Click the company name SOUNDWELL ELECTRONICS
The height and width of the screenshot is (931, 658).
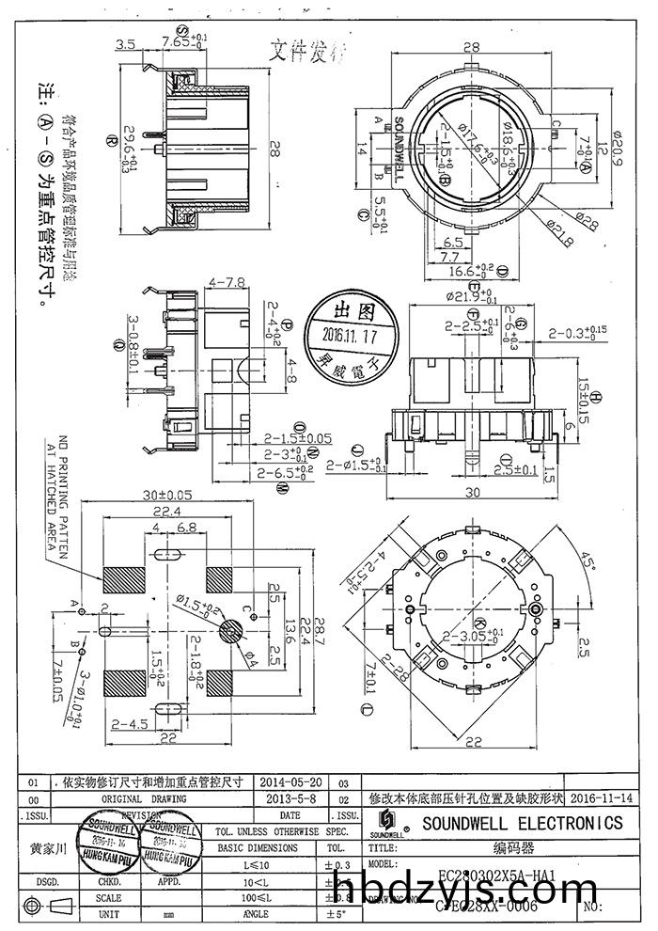pos(522,823)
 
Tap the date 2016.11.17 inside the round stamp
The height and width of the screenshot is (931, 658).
pos(350,335)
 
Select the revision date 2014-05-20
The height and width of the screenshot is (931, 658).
pos(290,781)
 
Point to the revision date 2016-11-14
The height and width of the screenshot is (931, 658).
pos(601,797)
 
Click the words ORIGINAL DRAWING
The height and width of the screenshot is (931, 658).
pos(142,797)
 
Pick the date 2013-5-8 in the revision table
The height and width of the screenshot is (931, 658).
pos(290,797)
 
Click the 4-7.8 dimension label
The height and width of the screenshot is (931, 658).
pos(227,281)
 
